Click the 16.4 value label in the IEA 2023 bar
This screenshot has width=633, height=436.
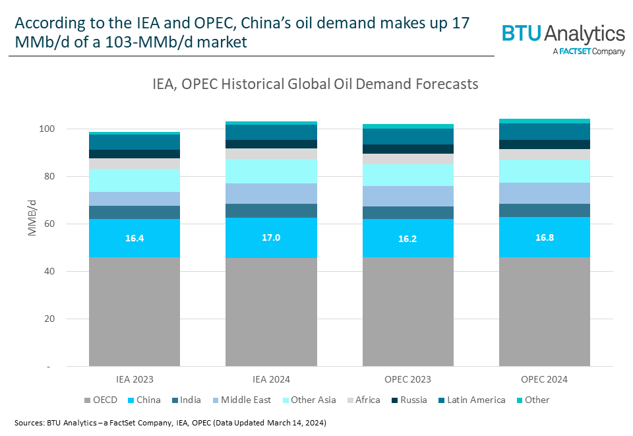135,237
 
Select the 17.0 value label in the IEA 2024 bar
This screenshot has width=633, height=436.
271,237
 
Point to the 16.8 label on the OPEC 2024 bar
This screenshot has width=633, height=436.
544,237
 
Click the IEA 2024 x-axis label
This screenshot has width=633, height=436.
271,379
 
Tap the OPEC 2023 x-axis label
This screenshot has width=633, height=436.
407,379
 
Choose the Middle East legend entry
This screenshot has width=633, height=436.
244,400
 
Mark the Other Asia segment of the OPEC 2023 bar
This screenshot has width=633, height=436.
407,175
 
